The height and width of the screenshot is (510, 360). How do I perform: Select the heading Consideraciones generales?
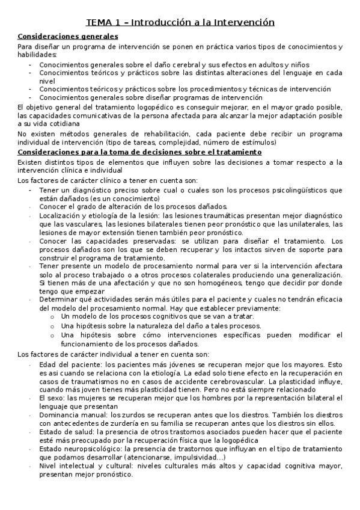click(67, 37)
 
